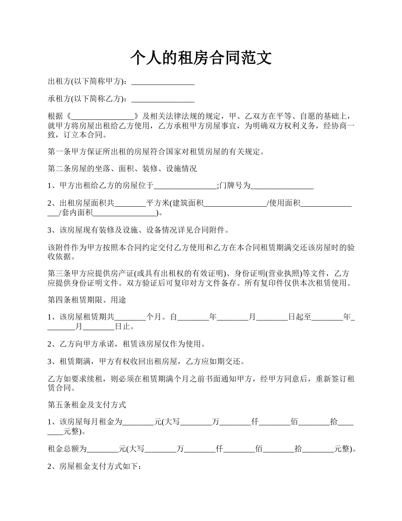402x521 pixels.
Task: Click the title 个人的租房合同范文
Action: tap(201, 58)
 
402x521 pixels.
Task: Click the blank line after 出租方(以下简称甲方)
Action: tap(163, 82)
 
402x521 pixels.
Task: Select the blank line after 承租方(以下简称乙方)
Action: tap(163, 100)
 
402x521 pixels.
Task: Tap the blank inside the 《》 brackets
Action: tap(103, 116)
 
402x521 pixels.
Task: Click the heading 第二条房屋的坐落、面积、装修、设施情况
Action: tap(122, 169)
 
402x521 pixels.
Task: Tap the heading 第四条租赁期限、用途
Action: tap(87, 300)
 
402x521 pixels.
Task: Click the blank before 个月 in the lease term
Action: tap(130, 318)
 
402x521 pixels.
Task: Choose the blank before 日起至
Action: tap(272, 318)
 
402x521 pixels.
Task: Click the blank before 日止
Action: tap(99, 327)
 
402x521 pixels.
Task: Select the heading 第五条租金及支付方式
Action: tap(87, 405)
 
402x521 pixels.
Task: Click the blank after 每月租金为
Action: tap(138, 422)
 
